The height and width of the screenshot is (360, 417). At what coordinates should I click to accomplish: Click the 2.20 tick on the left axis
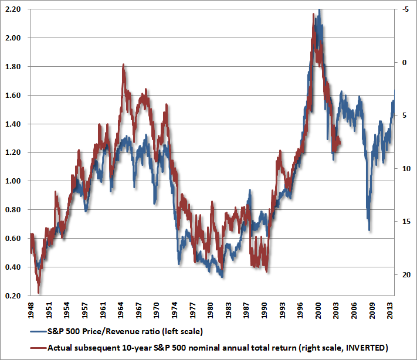pos(12,9)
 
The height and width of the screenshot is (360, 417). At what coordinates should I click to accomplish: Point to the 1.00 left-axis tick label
pos(12,181)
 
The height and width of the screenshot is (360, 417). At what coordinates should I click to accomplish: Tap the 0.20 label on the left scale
pos(12,296)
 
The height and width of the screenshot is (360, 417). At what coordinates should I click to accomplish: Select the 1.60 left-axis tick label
pos(12,95)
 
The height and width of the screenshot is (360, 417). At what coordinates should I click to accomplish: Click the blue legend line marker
pos(38,332)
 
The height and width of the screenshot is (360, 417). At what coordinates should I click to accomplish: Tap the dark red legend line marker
pos(38,348)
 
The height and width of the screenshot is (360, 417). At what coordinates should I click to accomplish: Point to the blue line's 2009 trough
pos(369,230)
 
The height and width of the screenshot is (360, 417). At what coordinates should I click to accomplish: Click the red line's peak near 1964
pos(123,65)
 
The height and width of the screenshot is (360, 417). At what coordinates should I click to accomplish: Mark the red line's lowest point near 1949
pos(39,292)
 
